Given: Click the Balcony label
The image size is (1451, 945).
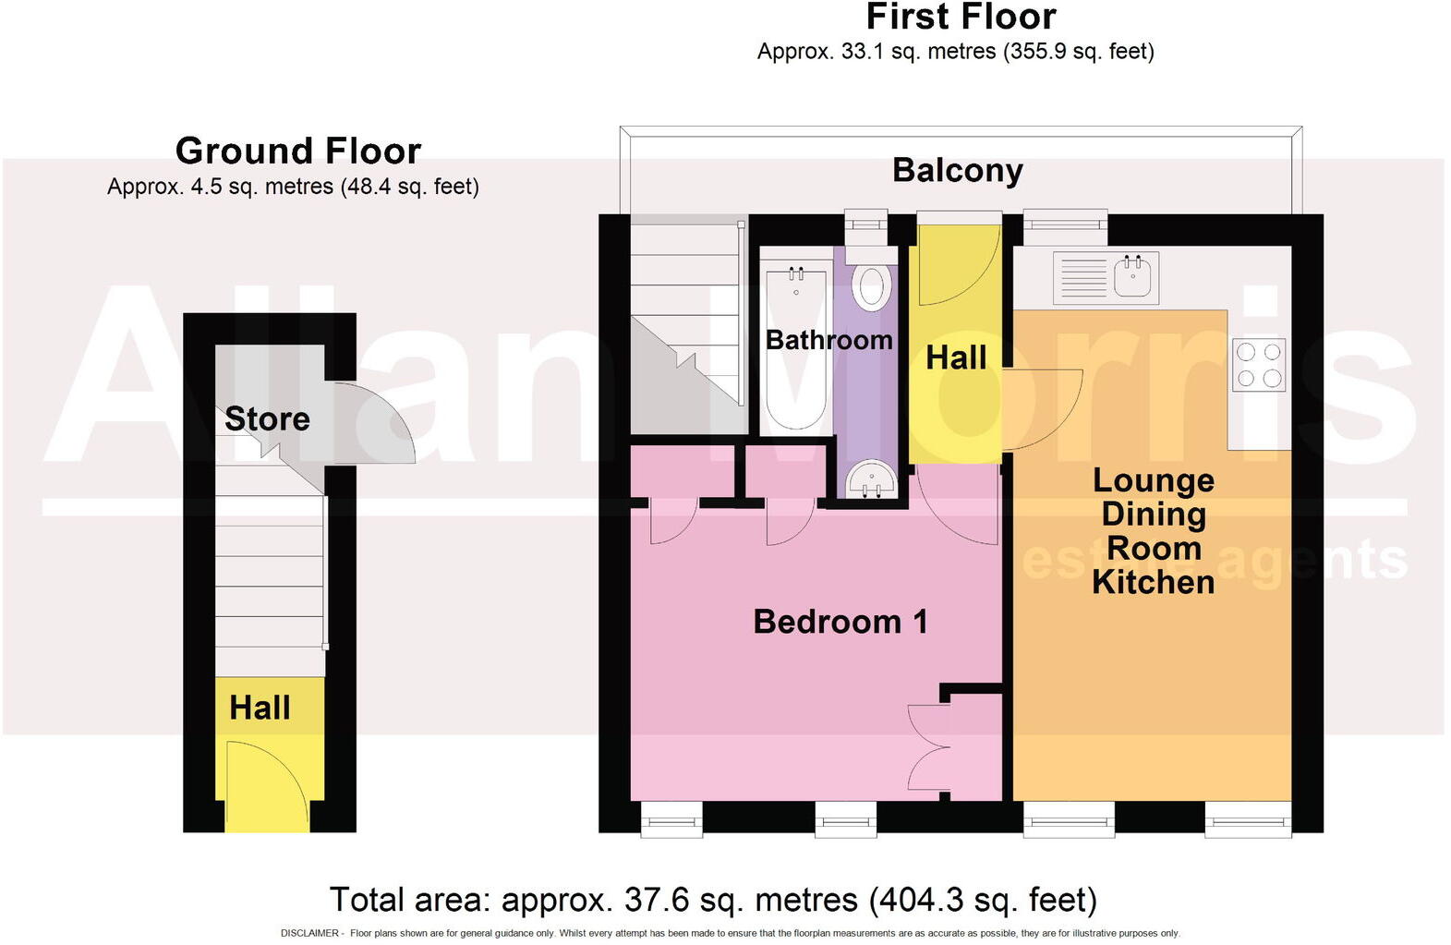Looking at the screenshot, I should [957, 171].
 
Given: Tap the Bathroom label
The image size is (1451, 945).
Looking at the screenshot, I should [828, 340].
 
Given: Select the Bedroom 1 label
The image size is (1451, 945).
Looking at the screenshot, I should [840, 622].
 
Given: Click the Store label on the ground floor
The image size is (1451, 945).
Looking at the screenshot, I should [267, 419].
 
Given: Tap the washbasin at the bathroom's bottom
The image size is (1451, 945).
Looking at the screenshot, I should [870, 479].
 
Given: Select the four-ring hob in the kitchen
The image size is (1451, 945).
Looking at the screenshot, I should [1259, 365].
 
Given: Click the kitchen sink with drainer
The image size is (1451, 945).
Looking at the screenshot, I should [1106, 276].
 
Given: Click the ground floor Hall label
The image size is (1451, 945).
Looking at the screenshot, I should [260, 708].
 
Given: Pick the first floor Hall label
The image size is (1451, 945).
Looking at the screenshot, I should [956, 358].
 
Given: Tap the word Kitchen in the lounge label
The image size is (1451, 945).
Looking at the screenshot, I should [1153, 583].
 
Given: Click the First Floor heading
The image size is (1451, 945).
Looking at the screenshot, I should [961, 18].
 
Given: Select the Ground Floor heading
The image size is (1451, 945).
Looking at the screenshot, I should [298, 151].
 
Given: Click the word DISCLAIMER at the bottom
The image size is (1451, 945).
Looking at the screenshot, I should [309, 933].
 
